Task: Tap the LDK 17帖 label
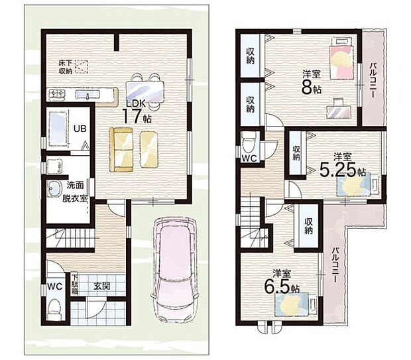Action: [137, 112]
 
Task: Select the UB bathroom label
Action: [80, 129]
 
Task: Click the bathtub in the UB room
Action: [58, 129]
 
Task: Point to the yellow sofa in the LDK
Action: [121, 150]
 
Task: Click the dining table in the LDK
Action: [145, 91]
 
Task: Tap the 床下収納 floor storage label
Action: [66, 67]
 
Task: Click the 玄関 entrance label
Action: [101, 286]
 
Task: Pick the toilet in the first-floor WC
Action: [54, 310]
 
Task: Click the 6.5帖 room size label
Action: [282, 286]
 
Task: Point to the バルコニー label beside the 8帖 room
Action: [373, 80]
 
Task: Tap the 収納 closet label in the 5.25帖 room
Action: [296, 153]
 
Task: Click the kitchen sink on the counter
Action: [88, 94]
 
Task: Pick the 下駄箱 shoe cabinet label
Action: [75, 284]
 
